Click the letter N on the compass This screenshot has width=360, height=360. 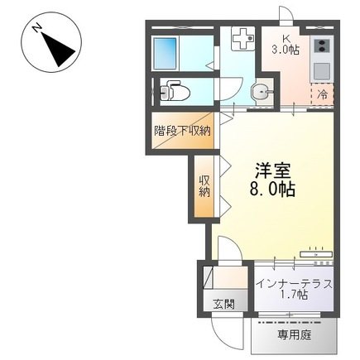pyautogui.click(x=37, y=28)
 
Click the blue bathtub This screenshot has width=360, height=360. pyautogui.click(x=165, y=54)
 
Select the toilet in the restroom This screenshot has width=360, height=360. pyautogui.click(x=175, y=91)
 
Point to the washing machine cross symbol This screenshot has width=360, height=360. pyautogui.click(x=242, y=39)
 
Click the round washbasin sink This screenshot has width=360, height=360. pyautogui.click(x=260, y=91)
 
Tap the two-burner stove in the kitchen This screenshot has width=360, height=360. pyautogui.click(x=322, y=46)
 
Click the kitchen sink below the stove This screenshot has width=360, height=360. pyautogui.click(x=322, y=71)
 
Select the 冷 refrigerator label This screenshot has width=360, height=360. pyautogui.click(x=322, y=94)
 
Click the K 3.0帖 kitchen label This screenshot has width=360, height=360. pyautogui.click(x=285, y=46)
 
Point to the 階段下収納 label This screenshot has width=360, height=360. pyautogui.click(x=182, y=131)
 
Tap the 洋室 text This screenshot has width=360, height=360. pyautogui.click(x=273, y=171)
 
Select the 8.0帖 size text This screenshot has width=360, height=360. pyautogui.click(x=272, y=190)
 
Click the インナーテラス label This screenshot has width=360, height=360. pyautogui.click(x=295, y=284)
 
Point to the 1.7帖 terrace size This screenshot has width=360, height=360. pyautogui.click(x=294, y=295)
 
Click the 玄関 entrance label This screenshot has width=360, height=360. pyautogui.click(x=223, y=304)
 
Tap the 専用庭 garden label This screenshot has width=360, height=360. pyautogui.click(x=295, y=335)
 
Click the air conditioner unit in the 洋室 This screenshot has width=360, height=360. pyautogui.click(x=316, y=254)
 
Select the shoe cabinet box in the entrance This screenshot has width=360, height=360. pyautogui.click(x=208, y=277)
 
